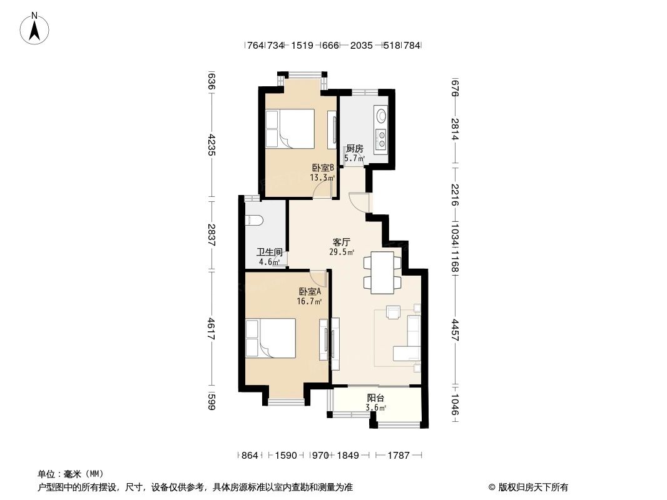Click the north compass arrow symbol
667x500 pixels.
pyautogui.click(x=34, y=29)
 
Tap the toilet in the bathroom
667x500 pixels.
pyautogui.click(x=255, y=219)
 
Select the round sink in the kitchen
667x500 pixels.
pyautogui.click(x=380, y=115)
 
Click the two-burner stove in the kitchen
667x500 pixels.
pyautogui.click(x=381, y=138)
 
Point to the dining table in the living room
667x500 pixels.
pyautogui.click(x=382, y=272)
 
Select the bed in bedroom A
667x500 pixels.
pyautogui.click(x=270, y=338)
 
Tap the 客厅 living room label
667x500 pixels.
pyautogui.click(x=341, y=242)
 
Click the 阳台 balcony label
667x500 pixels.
pyautogui.click(x=375, y=398)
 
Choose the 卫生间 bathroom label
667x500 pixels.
pyautogui.click(x=270, y=252)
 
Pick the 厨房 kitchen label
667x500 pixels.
pyautogui.click(x=354, y=149)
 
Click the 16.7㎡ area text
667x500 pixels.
pyautogui.click(x=309, y=302)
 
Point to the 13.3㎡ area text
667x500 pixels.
pyautogui.click(x=322, y=177)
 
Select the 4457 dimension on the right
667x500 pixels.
pyautogui.click(x=455, y=329)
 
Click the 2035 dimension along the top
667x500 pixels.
pyautogui.click(x=361, y=45)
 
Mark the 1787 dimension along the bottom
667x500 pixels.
pyautogui.click(x=399, y=456)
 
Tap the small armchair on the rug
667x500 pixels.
pyautogui.click(x=393, y=312)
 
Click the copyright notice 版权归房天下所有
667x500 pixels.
pyautogui.click(x=533, y=487)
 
